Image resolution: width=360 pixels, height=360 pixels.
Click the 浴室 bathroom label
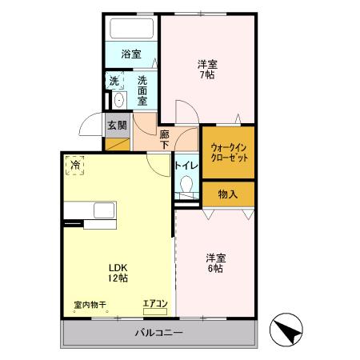click(131, 54)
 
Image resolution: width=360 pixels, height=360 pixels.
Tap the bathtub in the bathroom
click(132, 30)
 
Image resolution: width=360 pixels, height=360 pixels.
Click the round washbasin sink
click(118, 100)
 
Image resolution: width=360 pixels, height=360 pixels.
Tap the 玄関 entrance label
click(117, 125)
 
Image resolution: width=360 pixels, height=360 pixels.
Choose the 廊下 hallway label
click(165, 140)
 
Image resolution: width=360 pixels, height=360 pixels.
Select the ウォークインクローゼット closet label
click(229, 153)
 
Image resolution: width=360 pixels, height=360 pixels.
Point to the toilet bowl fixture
click(187, 187)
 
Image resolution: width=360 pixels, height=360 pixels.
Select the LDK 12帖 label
click(118, 272)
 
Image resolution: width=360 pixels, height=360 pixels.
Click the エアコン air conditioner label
click(154, 303)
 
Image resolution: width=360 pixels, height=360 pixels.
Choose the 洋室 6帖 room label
click(214, 263)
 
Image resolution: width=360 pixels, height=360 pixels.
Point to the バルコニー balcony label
click(159, 332)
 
